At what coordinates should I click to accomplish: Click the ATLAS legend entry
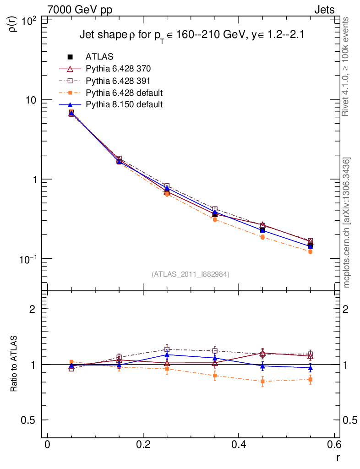pos(99,57)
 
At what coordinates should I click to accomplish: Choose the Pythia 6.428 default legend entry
pos(124,93)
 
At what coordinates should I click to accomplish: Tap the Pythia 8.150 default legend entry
pos(124,104)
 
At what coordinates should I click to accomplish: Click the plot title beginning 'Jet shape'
pos(192,35)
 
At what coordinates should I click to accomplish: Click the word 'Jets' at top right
pos(324,10)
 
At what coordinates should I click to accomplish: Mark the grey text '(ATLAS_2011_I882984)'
pos(191,274)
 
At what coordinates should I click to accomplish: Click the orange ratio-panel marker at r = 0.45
pos(262,381)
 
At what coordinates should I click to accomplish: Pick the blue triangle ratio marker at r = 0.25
pos(167,354)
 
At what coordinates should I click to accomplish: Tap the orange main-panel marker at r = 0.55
pos(311,251)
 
